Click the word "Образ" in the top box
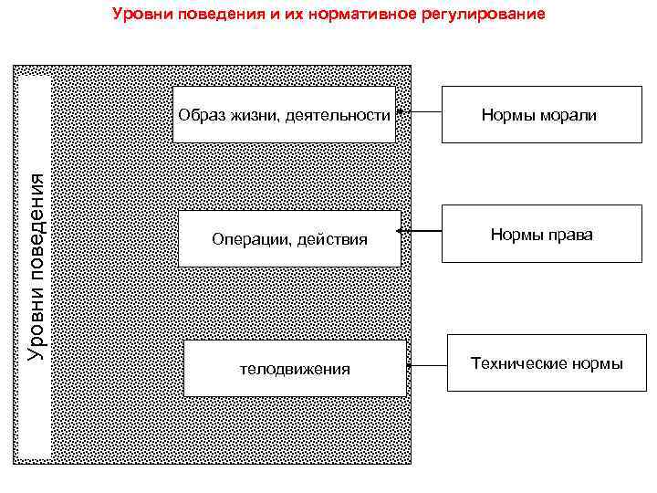[199, 115]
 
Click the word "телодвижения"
[294, 369]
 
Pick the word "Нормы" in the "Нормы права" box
[516, 235]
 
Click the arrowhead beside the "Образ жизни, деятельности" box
[401, 111]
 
